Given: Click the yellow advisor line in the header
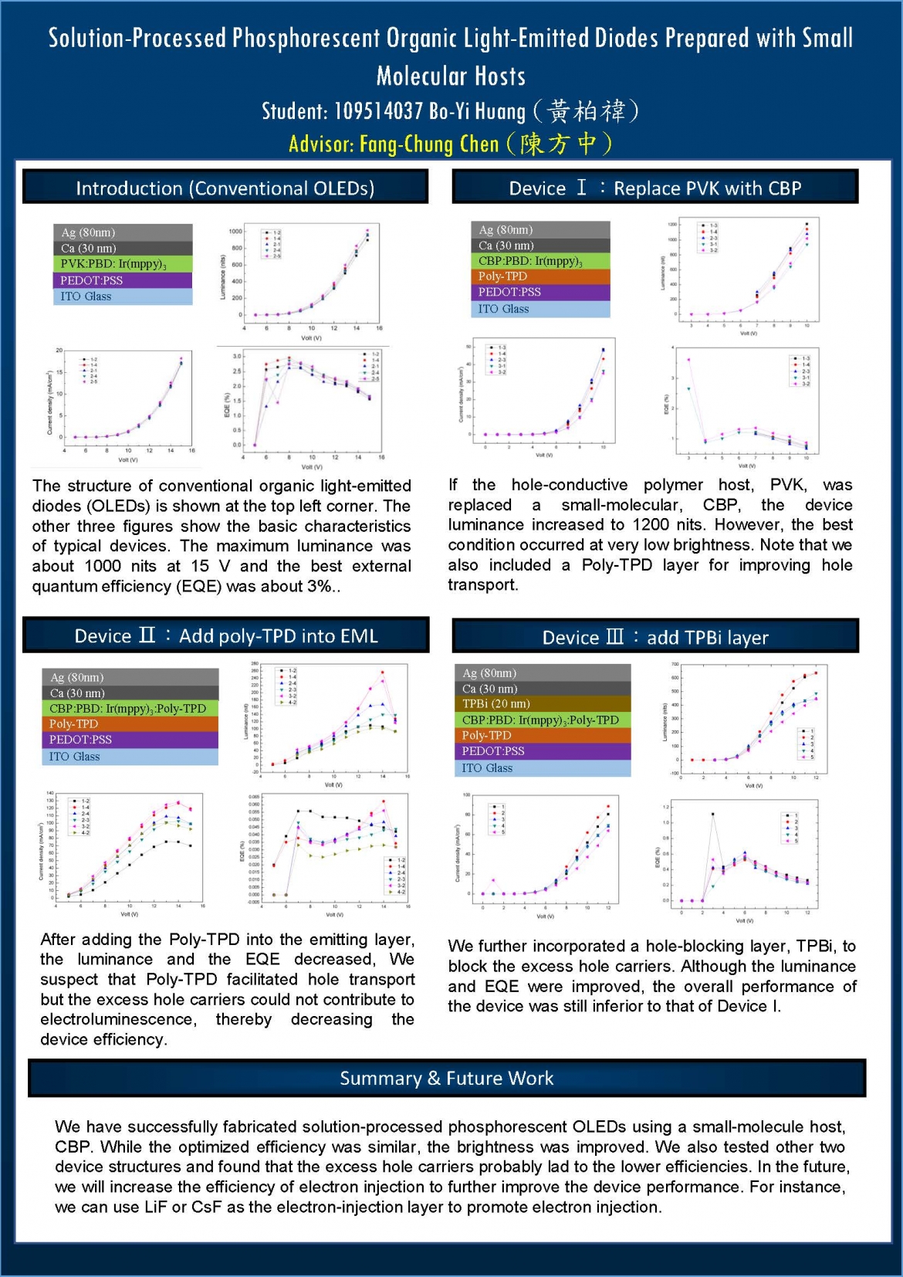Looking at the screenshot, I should coord(451,144).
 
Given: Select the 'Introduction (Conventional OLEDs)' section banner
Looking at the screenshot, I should coord(225,188).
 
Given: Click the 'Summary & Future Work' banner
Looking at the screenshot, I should coord(446,1079).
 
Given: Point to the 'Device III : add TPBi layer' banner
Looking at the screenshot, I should coord(655,638).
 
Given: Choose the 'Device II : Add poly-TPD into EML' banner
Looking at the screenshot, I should coord(225,636).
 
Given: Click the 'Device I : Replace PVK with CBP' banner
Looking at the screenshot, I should coord(654,188).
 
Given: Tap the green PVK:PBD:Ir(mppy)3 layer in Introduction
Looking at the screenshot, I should coord(122,264).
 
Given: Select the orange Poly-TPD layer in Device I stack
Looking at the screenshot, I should coord(539,276).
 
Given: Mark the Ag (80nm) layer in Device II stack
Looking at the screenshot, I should coord(130,677).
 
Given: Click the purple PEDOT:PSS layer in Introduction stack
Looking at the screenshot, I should coord(122,280).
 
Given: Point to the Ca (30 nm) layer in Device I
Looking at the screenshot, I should coord(539,246).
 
